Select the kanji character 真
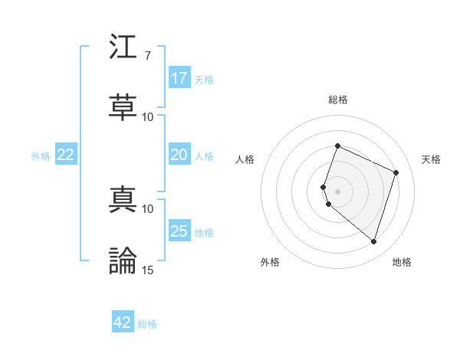tap(123, 198)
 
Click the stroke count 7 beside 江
tap(147, 55)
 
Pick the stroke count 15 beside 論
tap(147, 270)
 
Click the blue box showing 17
tap(179, 77)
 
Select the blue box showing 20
tap(179, 155)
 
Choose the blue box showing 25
tap(179, 231)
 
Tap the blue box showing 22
tap(66, 155)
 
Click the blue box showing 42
tap(123, 322)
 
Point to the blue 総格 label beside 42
tap(147, 324)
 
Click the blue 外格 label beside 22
tap(41, 156)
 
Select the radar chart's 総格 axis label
tap(338, 100)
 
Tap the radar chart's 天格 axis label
tap(431, 159)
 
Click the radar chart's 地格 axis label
tap(402, 262)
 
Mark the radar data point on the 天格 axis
tap(396, 172)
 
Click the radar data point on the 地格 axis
tap(373, 241)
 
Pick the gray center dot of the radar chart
tap(338, 191)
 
